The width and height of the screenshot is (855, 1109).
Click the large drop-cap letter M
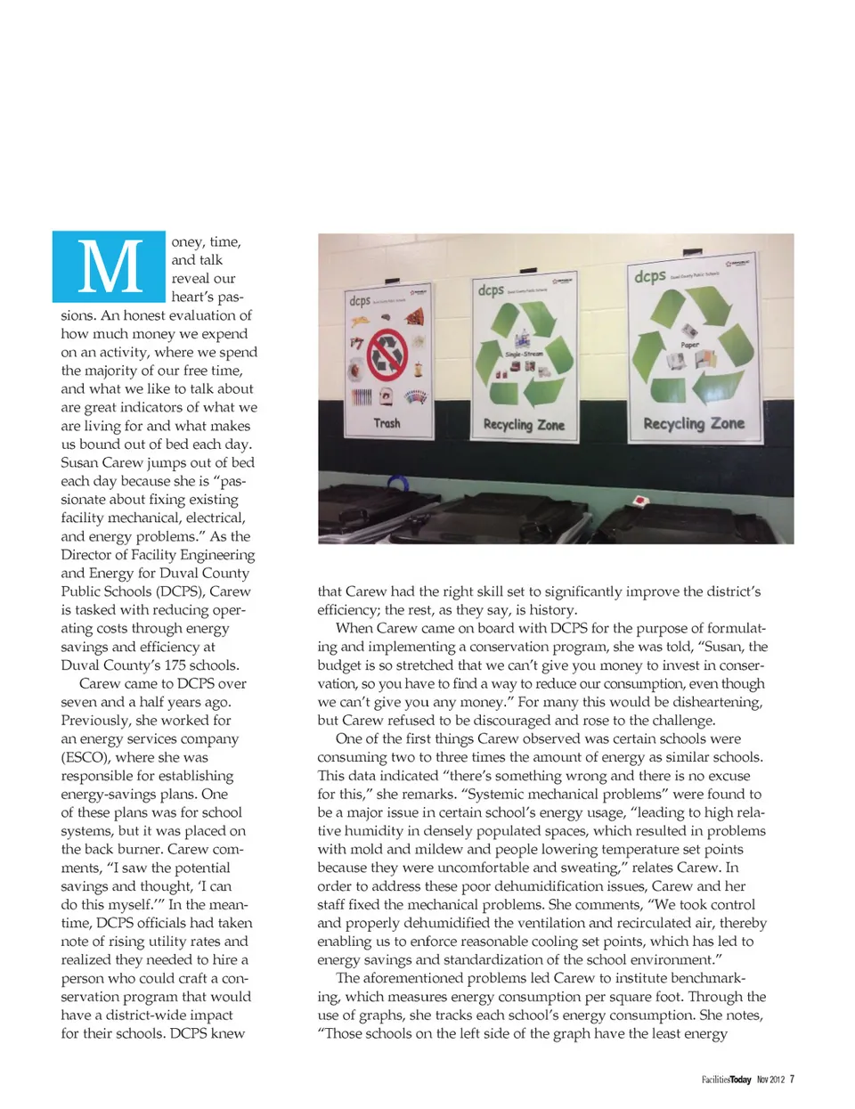tap(110, 267)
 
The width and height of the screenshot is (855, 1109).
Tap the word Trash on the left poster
tap(387, 423)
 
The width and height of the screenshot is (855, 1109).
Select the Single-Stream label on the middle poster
tap(523, 354)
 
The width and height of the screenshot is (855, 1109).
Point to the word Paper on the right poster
tap(690, 344)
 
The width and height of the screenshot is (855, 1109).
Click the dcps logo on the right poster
tap(649, 276)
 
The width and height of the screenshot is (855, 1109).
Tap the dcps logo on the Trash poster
tap(360, 301)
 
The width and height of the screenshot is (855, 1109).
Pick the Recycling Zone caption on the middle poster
tap(524, 425)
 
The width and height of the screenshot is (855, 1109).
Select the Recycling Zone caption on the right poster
tap(694, 424)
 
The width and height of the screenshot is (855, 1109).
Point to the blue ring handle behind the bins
tap(397, 484)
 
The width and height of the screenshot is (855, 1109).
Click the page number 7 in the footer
tap(792, 1080)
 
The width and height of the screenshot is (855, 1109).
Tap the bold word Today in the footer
tap(740, 1080)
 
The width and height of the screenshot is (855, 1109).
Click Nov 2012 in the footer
tap(770, 1080)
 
